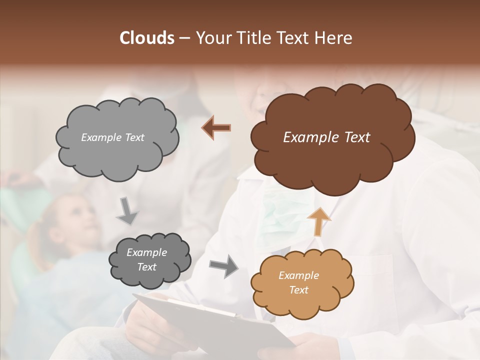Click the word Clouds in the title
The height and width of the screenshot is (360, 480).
[147, 38]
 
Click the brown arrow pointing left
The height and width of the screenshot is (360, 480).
[216, 128]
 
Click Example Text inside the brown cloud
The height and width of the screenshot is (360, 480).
[326, 137]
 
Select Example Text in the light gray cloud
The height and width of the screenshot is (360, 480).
[112, 137]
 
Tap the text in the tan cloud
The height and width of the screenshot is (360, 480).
[298, 282]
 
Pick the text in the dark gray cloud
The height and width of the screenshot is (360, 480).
[146, 260]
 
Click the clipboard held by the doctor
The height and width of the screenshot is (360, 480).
[210, 320]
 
